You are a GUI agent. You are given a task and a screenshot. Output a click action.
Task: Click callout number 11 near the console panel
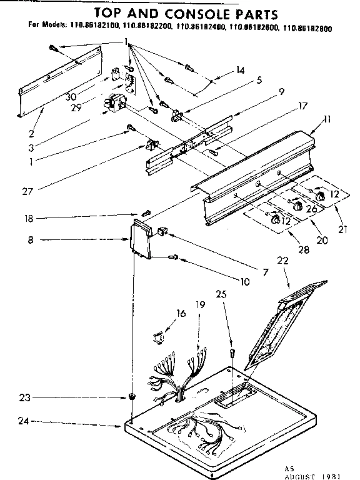coord(328,119)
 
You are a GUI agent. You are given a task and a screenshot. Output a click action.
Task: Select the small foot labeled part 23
coord(132,397)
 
